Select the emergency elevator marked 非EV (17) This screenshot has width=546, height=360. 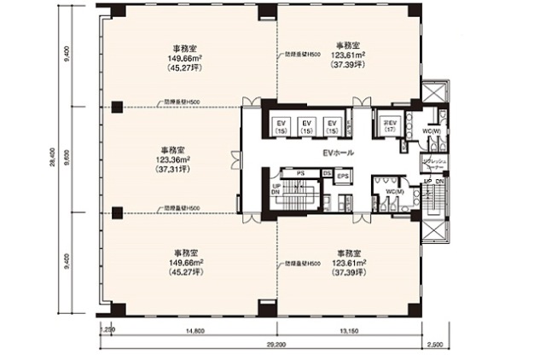click(x=391, y=125)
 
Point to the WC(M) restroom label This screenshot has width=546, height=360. click(x=392, y=191)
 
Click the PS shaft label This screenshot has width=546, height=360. click(x=300, y=173)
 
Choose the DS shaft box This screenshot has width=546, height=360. click(x=328, y=173)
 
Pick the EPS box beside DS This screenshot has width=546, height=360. click(x=343, y=177)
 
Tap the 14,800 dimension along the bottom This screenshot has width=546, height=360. click(x=176, y=333)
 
